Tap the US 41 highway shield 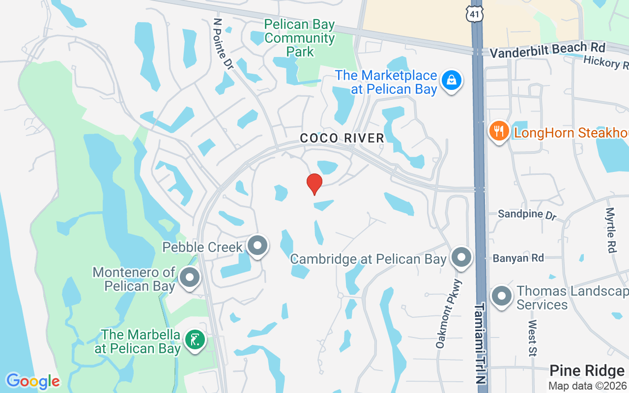475,13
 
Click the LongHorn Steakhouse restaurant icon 499,131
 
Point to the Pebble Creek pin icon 257,245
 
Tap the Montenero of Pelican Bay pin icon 190,278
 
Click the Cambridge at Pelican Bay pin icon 461,257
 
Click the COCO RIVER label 342,139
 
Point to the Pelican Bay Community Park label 299,38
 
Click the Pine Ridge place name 587,370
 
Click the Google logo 33,381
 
